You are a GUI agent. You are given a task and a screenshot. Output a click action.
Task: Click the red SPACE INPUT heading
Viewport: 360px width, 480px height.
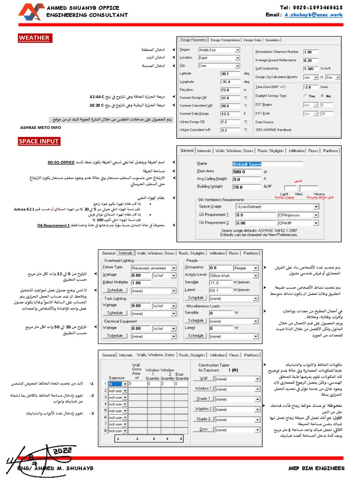(x=39, y=141)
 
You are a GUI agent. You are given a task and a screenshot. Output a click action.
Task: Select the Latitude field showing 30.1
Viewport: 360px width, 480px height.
(x=231, y=74)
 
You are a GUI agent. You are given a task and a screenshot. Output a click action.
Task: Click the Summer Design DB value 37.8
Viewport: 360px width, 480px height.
(x=231, y=98)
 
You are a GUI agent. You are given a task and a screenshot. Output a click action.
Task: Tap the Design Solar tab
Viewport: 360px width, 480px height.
(x=255, y=40)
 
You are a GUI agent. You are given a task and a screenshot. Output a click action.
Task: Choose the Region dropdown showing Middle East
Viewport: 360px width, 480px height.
(x=219, y=50)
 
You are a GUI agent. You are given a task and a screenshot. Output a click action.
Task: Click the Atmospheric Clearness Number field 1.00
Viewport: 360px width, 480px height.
(x=310, y=52)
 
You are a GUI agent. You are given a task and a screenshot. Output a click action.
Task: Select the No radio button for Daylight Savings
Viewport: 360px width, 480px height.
(x=322, y=96)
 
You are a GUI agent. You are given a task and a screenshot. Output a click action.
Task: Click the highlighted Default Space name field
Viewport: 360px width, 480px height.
(x=247, y=164)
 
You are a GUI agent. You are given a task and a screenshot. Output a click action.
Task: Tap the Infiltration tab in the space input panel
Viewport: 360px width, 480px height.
(x=296, y=151)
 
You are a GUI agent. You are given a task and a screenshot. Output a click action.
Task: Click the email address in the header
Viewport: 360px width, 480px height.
(x=313, y=15)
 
